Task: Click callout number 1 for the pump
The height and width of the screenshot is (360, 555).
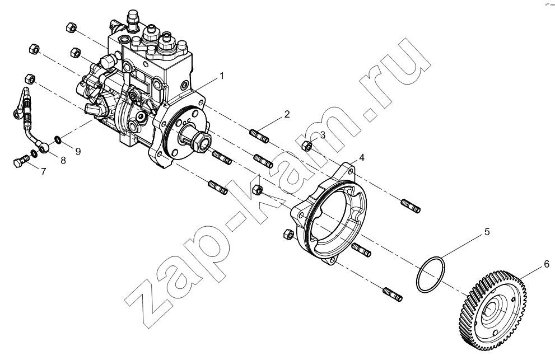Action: coord(222,76)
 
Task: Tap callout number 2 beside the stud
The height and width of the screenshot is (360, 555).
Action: coord(287,114)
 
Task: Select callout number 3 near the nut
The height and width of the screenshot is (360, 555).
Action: coord(323,135)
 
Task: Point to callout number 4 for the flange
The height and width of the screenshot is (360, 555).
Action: coord(361,157)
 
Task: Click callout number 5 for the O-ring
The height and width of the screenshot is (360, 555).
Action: coord(487,232)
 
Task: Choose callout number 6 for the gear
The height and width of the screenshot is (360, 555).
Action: coord(546,264)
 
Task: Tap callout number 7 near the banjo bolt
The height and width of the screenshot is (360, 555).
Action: coord(43,172)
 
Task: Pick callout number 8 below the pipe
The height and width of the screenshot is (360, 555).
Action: coord(63,161)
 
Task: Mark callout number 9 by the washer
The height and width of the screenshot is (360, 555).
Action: coord(78,152)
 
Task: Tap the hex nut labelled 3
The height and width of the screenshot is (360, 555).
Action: coord(307,145)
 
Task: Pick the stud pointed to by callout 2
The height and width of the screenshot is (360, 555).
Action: coord(259,136)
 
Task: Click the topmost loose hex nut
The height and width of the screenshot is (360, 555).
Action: coord(71,27)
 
